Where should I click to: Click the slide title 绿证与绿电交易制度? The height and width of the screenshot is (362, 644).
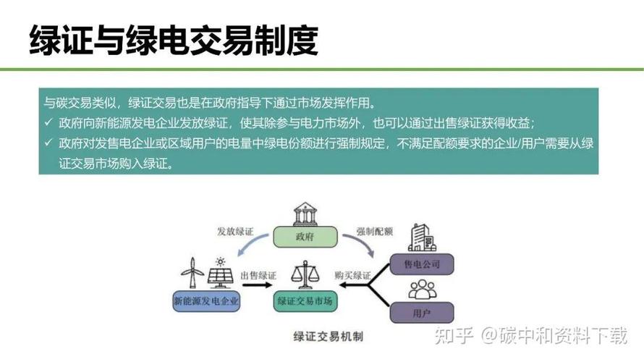[x=174, y=41]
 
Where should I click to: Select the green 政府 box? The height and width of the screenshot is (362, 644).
[x=305, y=237]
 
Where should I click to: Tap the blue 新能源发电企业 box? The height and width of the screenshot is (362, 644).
[x=206, y=301]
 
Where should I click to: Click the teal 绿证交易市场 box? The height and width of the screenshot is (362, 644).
[x=305, y=301]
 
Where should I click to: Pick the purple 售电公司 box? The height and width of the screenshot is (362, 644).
[x=421, y=264]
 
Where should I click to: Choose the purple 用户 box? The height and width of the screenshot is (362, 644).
[x=421, y=313]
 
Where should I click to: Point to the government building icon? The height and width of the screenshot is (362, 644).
[x=305, y=214]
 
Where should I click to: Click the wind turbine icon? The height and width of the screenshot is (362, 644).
[x=192, y=272]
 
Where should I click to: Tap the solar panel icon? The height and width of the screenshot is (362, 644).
[x=221, y=273]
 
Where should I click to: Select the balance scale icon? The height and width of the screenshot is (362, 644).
[x=305, y=274]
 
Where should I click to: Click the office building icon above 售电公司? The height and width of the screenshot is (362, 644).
[x=422, y=237]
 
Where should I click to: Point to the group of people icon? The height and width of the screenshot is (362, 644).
[x=422, y=290]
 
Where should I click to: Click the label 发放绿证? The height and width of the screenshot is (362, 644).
[x=235, y=232]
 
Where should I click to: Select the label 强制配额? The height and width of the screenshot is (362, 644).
[x=375, y=232]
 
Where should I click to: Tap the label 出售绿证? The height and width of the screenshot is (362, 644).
[x=258, y=275]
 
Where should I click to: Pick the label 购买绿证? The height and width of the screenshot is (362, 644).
[x=352, y=275]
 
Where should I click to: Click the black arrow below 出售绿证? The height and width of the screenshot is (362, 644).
[x=257, y=285]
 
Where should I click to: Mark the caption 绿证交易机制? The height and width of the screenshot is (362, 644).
[x=329, y=337]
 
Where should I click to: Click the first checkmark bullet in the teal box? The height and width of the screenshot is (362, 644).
[x=49, y=122]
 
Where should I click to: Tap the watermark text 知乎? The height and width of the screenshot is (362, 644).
[x=454, y=335]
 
